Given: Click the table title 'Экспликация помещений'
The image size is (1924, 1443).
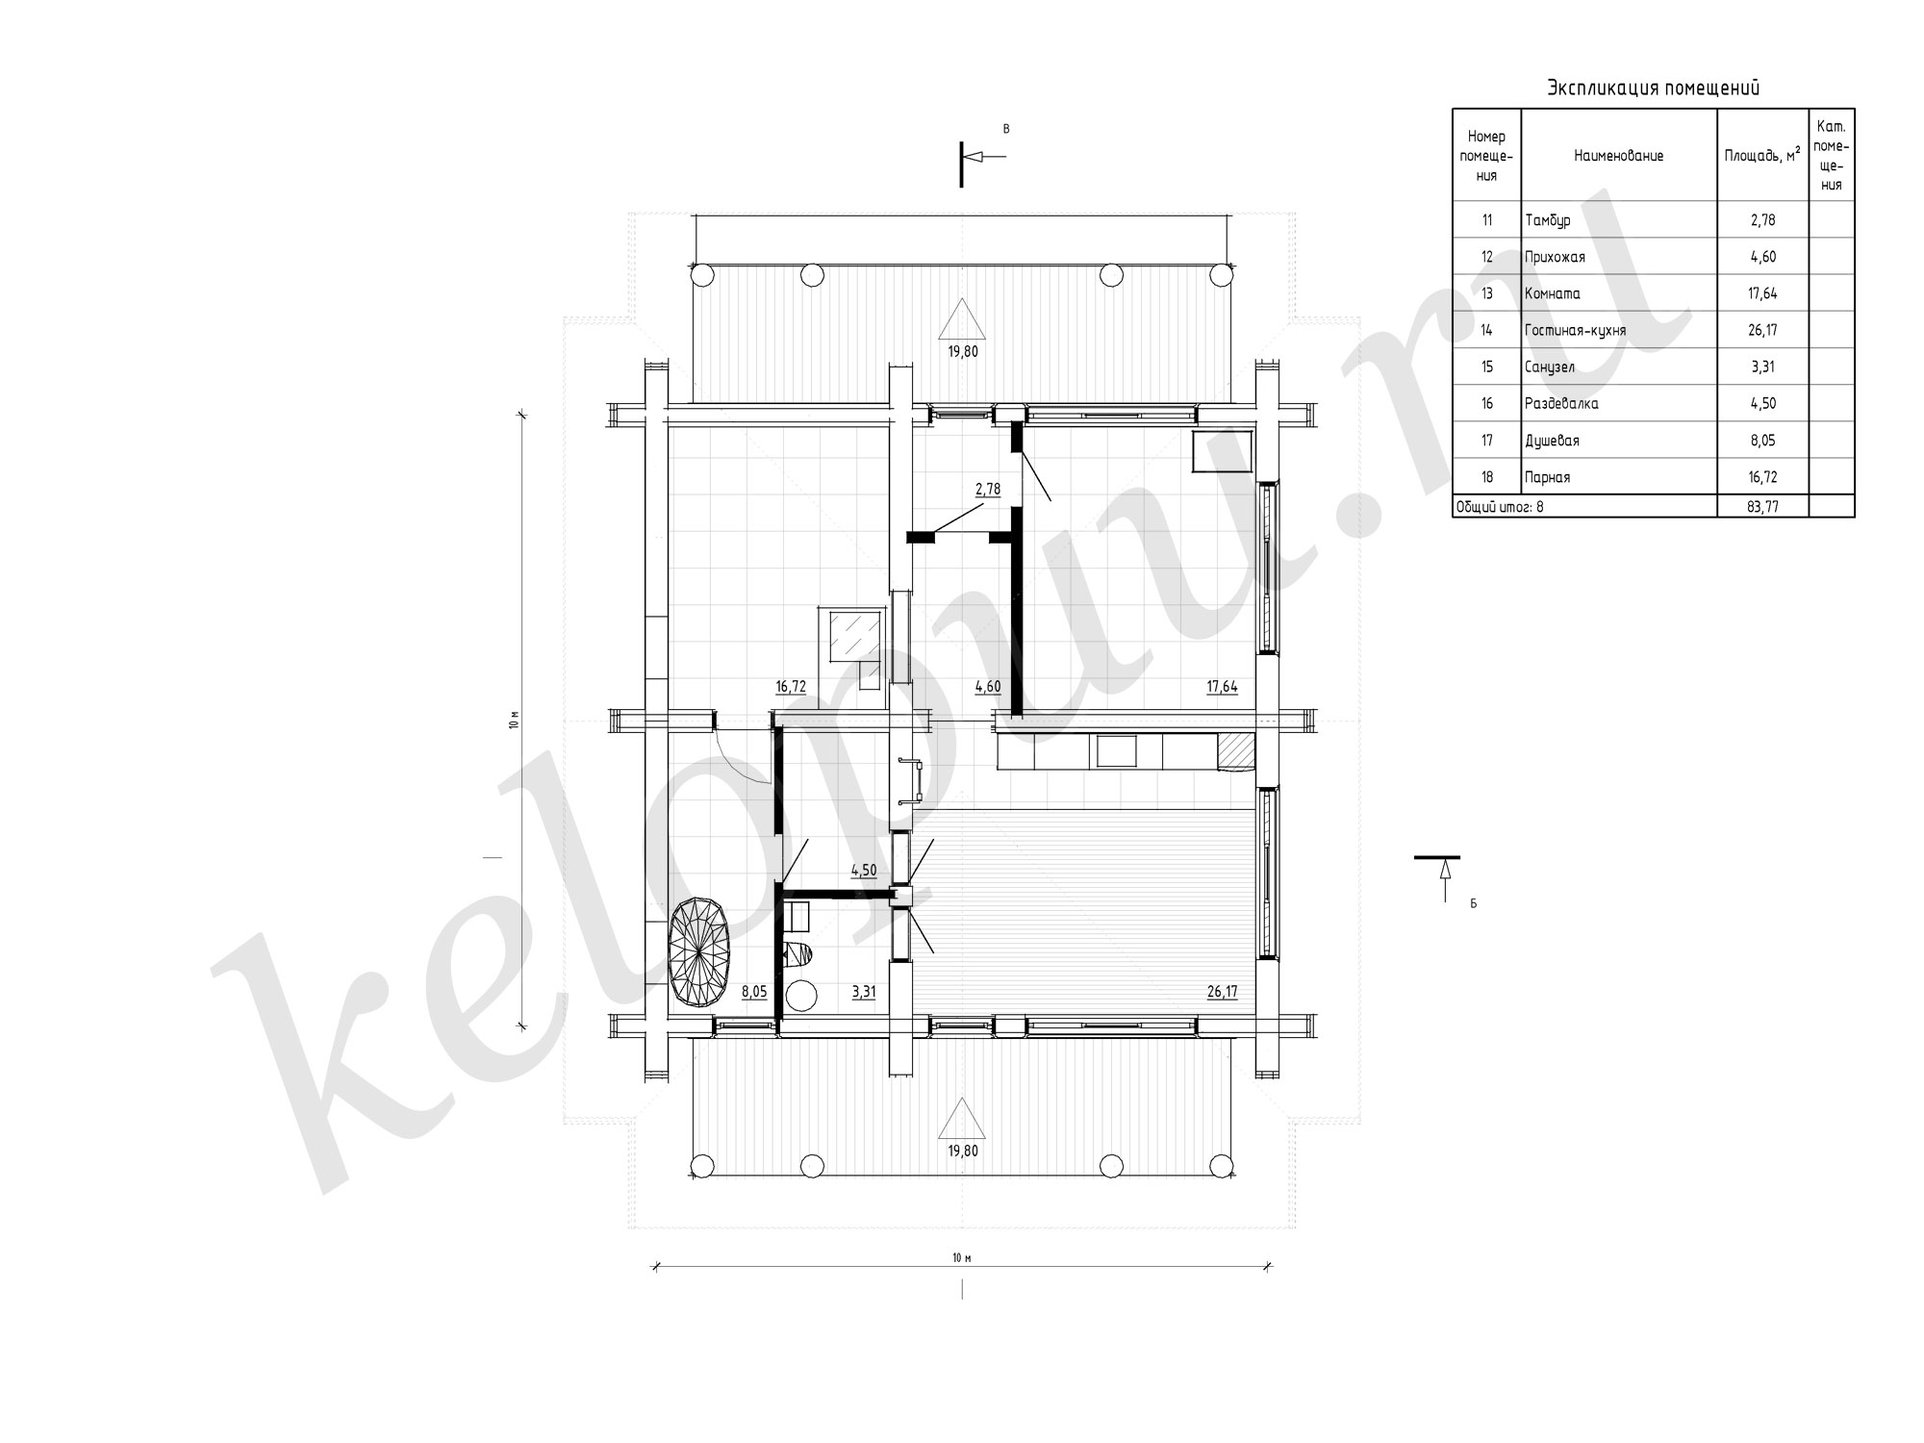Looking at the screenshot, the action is tap(1653, 89).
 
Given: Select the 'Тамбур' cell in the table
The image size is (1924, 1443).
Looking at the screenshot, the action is tap(1547, 220).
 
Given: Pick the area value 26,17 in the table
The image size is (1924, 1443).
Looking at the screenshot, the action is tap(1762, 330).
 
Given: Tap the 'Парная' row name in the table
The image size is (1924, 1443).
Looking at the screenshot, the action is tap(1547, 477).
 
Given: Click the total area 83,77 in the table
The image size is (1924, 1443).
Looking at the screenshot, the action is tap(1762, 506).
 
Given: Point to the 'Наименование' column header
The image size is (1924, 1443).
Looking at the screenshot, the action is tap(1618, 155).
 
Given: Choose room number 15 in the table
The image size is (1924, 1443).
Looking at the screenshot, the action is tap(1487, 367).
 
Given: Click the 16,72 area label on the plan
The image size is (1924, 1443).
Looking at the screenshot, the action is tap(790, 687).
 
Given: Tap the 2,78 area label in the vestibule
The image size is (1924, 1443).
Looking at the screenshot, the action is tap(988, 489).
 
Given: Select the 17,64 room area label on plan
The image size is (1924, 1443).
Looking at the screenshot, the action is tap(1222, 687).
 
